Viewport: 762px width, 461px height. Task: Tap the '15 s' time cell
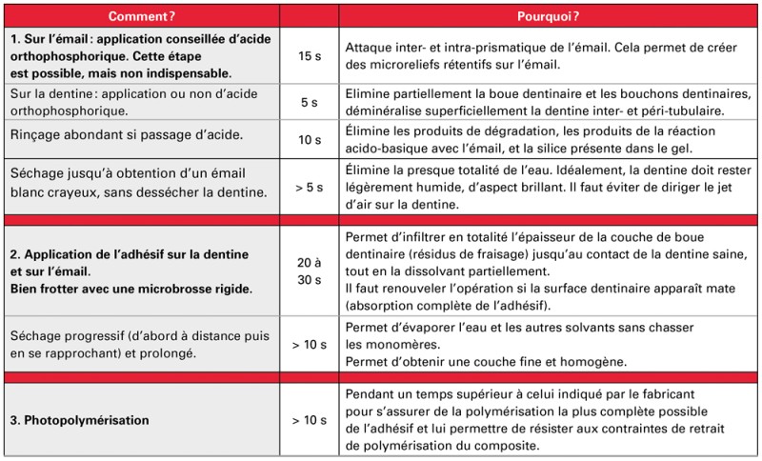[x=310, y=56]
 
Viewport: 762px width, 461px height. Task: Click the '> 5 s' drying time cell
[x=310, y=187]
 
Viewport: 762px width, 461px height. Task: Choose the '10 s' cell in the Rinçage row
[x=310, y=140]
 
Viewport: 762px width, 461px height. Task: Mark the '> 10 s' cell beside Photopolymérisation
[x=310, y=418]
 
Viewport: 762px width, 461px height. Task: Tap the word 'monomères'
[x=386, y=344]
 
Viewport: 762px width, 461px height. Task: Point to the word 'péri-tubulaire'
[x=657, y=110]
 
